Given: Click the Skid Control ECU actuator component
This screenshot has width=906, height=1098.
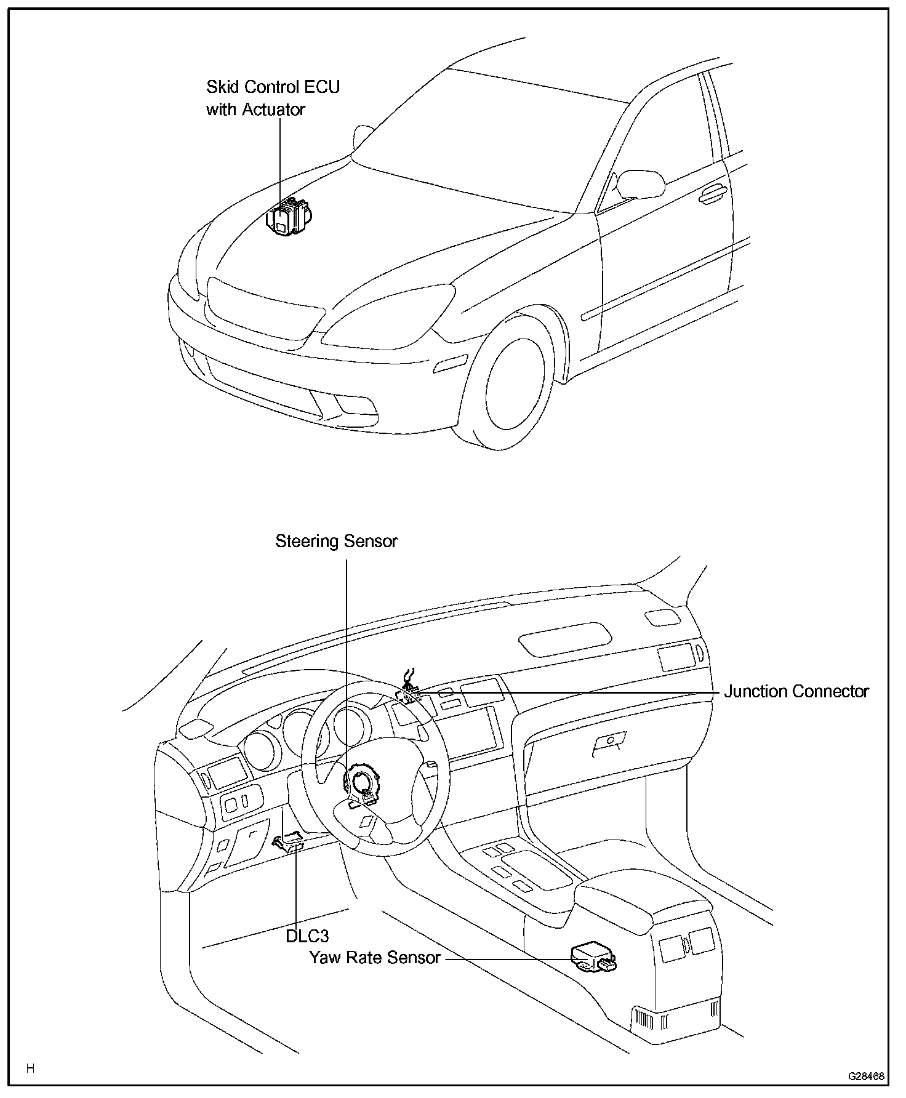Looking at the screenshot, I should pos(287,217).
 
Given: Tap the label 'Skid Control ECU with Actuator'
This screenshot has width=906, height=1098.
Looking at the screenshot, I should pos(273,98).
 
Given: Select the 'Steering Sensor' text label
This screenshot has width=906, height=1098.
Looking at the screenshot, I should pos(336,542).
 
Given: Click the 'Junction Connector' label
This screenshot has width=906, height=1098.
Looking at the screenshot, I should pos(796,692).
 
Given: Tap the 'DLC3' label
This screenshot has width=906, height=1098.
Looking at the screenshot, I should pos(307,936).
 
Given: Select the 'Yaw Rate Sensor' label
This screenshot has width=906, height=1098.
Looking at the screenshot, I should pos(375,958).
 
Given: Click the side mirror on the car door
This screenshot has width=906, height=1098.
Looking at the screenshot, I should pos(641,182).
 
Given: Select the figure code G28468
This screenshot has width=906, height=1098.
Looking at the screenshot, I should pos(866,1076).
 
